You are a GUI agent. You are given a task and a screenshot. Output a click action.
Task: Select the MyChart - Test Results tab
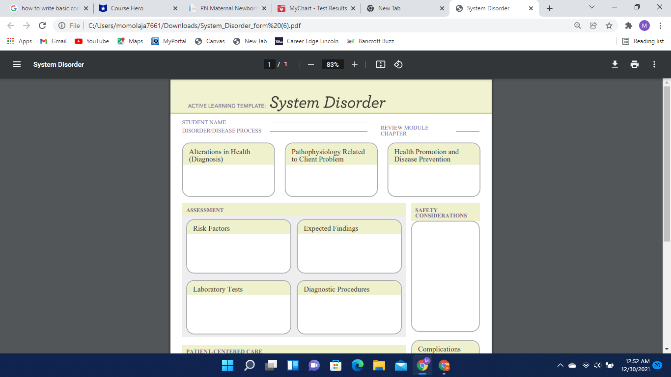pos(317,8)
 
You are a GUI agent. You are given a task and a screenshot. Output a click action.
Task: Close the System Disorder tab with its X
pos(531,8)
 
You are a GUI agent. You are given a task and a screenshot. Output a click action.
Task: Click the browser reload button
pos(42,26)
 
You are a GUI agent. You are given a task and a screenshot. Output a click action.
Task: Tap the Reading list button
pos(643,41)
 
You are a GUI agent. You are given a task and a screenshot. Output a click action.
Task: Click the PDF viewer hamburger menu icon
pos(17,64)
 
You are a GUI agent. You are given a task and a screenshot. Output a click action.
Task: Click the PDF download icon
pos(615,64)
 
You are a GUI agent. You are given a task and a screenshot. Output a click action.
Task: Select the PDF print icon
pos(635,64)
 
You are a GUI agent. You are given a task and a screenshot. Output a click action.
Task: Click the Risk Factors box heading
pos(211,228)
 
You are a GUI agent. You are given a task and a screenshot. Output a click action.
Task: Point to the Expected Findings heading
pos(331,228)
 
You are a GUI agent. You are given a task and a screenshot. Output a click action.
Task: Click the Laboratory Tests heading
pos(218,289)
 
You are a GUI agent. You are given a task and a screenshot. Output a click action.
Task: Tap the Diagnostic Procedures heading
pos(336,289)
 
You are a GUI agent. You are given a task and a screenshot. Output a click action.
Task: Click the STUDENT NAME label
pos(204,122)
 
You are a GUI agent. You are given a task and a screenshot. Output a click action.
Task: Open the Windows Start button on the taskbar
pos(227,365)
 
